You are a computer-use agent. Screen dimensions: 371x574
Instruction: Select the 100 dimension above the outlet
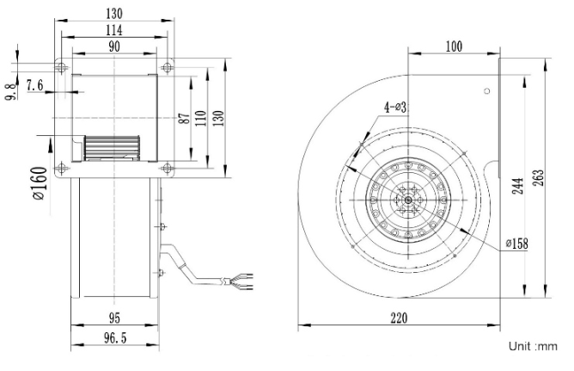coord(454,45)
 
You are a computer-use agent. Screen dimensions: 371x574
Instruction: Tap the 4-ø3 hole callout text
coord(395,108)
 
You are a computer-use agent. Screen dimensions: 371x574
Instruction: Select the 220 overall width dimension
coord(398,318)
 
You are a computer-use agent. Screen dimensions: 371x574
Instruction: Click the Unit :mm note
coord(534,346)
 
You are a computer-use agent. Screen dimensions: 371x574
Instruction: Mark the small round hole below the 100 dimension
coord(486,90)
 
